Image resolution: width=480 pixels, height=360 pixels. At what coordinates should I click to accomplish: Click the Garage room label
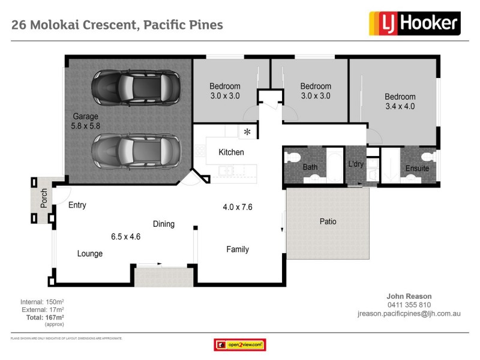[x=86, y=116]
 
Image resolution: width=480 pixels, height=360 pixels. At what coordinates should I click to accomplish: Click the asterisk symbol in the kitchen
[x=247, y=132]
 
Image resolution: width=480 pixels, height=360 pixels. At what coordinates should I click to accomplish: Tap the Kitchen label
[x=231, y=152]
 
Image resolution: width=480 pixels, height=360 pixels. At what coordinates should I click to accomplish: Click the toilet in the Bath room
[x=293, y=158]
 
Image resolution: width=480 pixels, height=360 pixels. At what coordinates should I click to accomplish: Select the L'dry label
[x=356, y=164]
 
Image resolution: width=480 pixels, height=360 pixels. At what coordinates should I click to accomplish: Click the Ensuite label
[x=417, y=169]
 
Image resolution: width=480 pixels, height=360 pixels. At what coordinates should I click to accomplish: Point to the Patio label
[x=328, y=221]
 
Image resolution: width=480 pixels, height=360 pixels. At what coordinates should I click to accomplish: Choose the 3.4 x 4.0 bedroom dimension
[x=400, y=106]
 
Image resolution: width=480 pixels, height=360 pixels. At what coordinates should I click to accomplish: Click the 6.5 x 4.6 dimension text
[x=126, y=236]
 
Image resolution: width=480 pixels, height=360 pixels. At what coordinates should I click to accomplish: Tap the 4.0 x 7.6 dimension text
[x=238, y=207]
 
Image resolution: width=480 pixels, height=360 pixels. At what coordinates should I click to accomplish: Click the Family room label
[x=237, y=249]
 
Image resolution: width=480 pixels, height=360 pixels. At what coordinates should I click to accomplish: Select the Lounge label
[x=90, y=254]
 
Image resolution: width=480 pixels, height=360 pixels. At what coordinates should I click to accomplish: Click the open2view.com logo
[x=240, y=345]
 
